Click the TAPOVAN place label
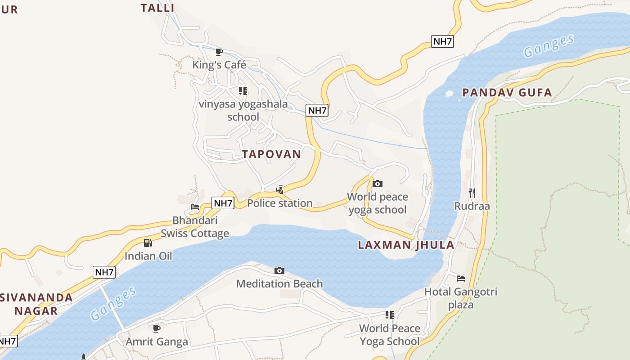pos(271,154)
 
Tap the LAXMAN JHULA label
pos(406,245)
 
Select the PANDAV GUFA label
pos(507,93)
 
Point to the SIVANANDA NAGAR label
pos(36,304)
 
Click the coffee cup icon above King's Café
pos(219,52)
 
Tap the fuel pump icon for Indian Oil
pos(148,243)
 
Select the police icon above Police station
pos(279,190)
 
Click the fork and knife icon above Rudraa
pos(472,193)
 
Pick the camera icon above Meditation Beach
pos(279,270)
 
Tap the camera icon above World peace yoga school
pos(378,184)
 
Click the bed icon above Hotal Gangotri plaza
pos(460,278)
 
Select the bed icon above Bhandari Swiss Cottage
pos(195,207)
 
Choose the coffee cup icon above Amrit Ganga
pos(157,328)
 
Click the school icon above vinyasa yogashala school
pos(243,91)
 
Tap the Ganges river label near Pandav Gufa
pos(549,46)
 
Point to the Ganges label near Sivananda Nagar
pos(113,303)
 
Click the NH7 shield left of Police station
pos(223,203)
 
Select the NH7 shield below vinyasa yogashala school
pos(317,110)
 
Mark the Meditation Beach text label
pos(279,284)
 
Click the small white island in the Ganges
pos(449,94)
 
